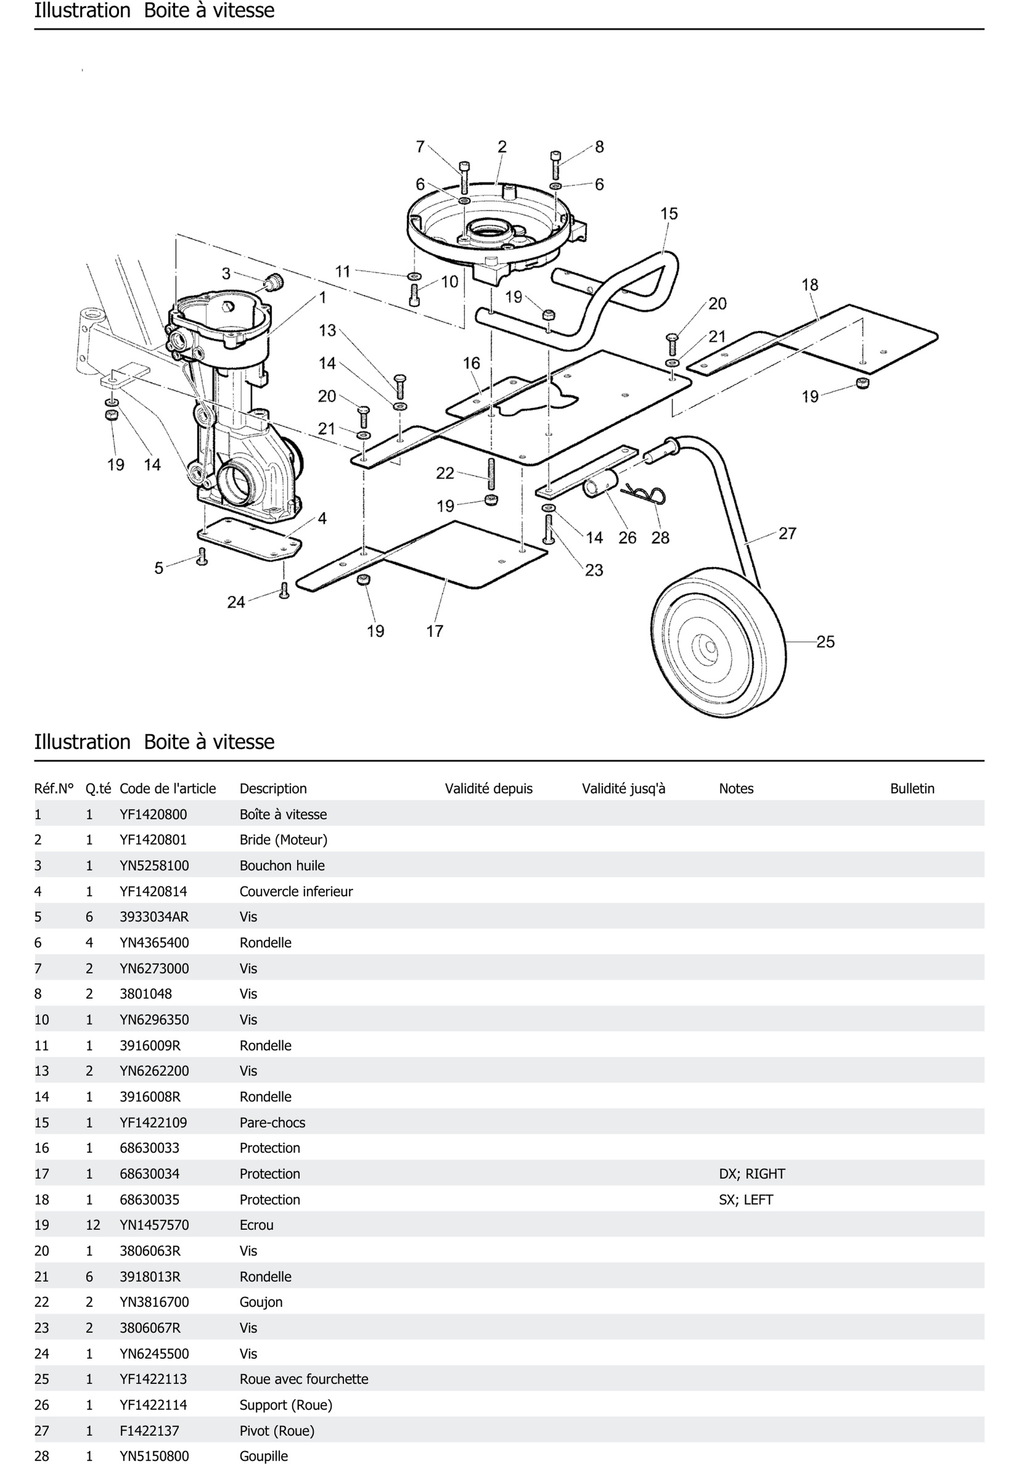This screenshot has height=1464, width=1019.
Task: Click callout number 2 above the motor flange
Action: point(502,147)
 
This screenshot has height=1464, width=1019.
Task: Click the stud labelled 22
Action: point(491,474)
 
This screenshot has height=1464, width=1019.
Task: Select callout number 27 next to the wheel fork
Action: point(788,533)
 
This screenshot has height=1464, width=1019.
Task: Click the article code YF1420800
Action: point(153,814)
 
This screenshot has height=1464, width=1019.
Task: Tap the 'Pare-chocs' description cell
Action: point(272,1122)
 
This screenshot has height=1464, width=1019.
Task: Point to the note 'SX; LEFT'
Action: point(745,1199)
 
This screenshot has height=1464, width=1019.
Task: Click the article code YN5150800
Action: point(153,1456)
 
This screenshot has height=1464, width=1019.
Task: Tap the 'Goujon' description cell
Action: point(261,1302)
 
